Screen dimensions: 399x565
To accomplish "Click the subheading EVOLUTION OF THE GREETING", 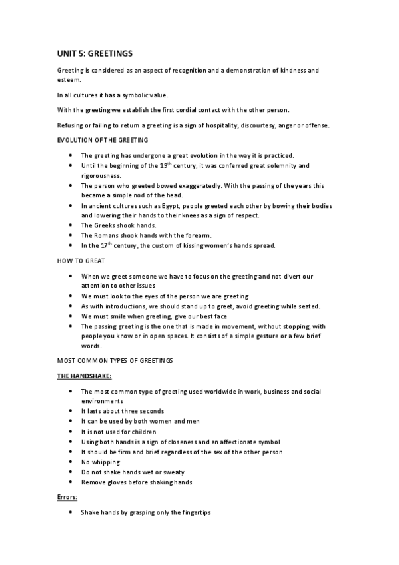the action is [103, 140].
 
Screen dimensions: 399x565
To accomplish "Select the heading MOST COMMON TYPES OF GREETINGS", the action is [115, 360].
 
